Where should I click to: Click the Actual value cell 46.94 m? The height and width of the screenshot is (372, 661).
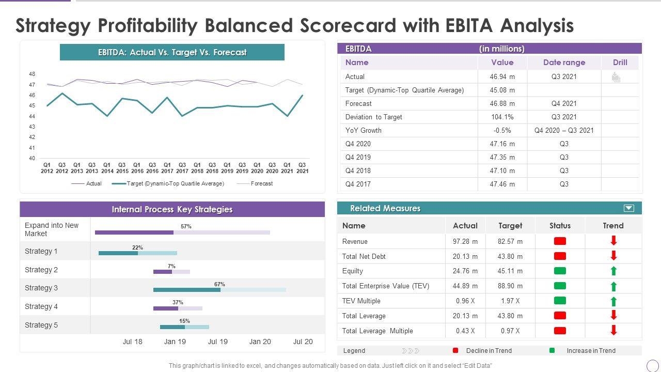pos(502,76)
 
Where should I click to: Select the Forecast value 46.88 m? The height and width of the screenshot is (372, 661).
pos(502,103)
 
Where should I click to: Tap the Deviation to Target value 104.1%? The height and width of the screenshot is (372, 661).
pos(502,117)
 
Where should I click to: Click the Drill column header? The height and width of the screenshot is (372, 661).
pos(620,63)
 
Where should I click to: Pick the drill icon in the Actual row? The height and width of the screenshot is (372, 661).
pos(616,77)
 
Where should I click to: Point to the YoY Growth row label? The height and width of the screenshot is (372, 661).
pos(363,130)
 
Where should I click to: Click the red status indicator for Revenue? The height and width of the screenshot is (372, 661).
pos(560,241)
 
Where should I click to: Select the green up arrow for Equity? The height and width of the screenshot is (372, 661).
pos(613,271)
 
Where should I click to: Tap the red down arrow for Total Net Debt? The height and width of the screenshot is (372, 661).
pos(613,255)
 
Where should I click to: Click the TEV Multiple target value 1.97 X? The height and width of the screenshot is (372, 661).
pos(510,301)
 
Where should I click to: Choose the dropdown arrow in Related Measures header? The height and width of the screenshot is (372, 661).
pos(628,208)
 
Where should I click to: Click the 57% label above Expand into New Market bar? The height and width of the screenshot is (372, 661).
pos(186,226)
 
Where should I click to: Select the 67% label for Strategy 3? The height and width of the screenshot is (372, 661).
pos(219,284)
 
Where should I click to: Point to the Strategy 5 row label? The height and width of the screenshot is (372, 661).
pos(41,325)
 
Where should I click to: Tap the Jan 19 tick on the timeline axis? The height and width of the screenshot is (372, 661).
pos(175,342)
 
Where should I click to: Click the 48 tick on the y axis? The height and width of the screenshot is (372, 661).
pos(32,74)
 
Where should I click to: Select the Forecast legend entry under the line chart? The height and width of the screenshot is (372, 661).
pos(261,183)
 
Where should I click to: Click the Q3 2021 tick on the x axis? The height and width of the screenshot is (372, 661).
pos(302,168)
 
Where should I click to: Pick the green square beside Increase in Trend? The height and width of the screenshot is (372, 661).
pos(552,350)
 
